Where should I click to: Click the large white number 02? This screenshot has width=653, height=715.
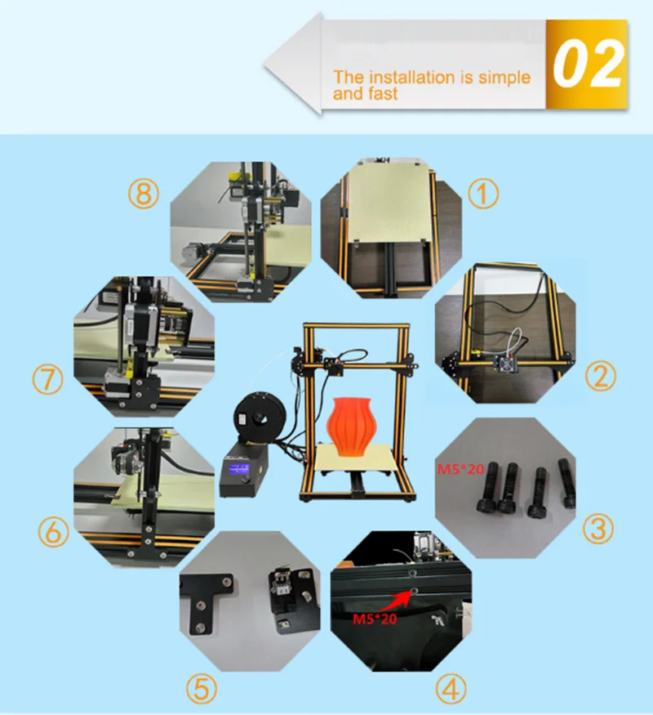[588, 64]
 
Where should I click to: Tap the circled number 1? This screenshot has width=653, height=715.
[483, 194]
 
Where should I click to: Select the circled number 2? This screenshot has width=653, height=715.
[600, 376]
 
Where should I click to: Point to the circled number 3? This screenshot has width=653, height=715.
[598, 529]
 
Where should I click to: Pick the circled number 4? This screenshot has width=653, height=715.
[451, 690]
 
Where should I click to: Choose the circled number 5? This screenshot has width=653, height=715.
[202, 689]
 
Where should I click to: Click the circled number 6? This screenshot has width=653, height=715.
[53, 532]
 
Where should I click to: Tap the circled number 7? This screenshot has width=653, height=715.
[48, 379]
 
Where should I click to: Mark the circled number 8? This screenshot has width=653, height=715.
[144, 193]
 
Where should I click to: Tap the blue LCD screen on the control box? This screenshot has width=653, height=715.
[239, 468]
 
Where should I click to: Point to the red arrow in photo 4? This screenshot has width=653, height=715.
[395, 600]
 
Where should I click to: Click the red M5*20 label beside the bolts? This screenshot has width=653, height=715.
[460, 469]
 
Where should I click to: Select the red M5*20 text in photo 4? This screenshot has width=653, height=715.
[375, 619]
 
